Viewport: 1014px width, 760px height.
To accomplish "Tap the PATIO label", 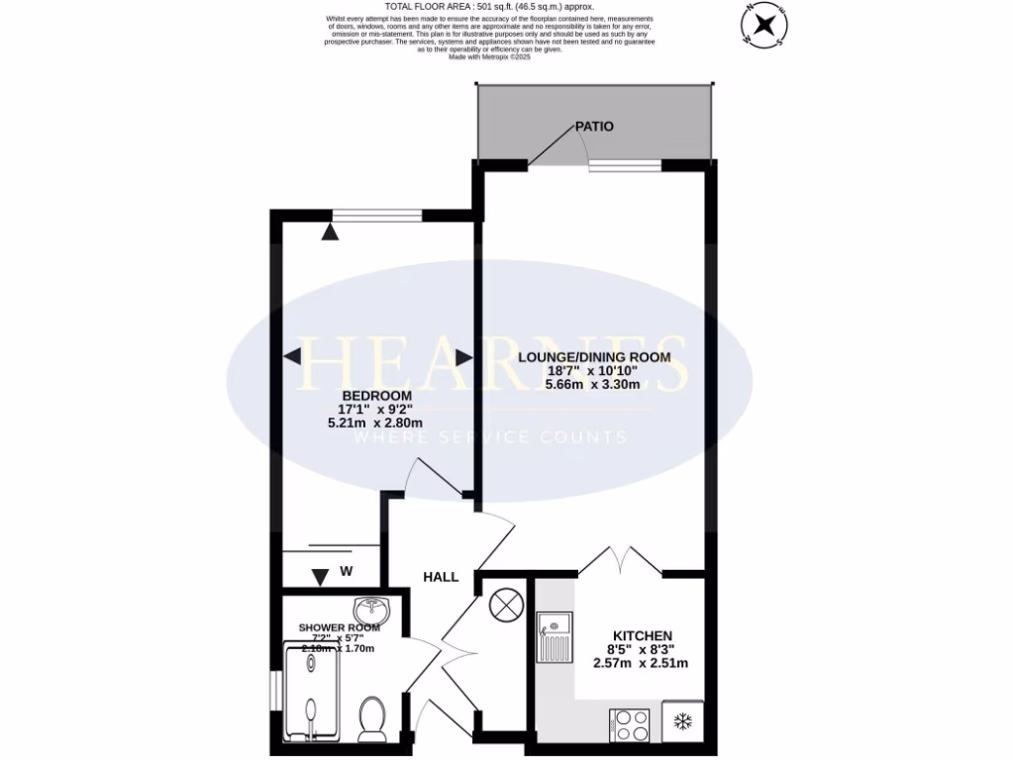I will (x=594, y=127).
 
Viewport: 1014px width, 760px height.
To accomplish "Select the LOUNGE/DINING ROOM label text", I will (x=594, y=357).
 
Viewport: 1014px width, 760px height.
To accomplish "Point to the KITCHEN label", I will (x=642, y=635).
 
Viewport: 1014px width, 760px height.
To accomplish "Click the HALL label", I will (x=441, y=576).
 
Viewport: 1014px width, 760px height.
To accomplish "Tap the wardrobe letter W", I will (x=347, y=571).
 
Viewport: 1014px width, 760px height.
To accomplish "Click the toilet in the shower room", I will (x=372, y=717).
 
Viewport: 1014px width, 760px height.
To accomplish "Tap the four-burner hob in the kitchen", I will (x=632, y=724).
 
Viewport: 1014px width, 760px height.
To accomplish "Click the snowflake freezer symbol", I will (x=682, y=721).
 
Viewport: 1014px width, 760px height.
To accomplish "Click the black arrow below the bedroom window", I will (x=330, y=232).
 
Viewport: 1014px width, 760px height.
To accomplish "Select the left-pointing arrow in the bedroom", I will (x=294, y=356).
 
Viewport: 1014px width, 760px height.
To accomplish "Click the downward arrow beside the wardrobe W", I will (x=319, y=577).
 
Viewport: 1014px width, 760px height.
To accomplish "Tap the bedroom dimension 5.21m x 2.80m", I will (x=375, y=423).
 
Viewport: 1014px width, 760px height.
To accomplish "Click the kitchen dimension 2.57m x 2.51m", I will (x=642, y=663).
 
